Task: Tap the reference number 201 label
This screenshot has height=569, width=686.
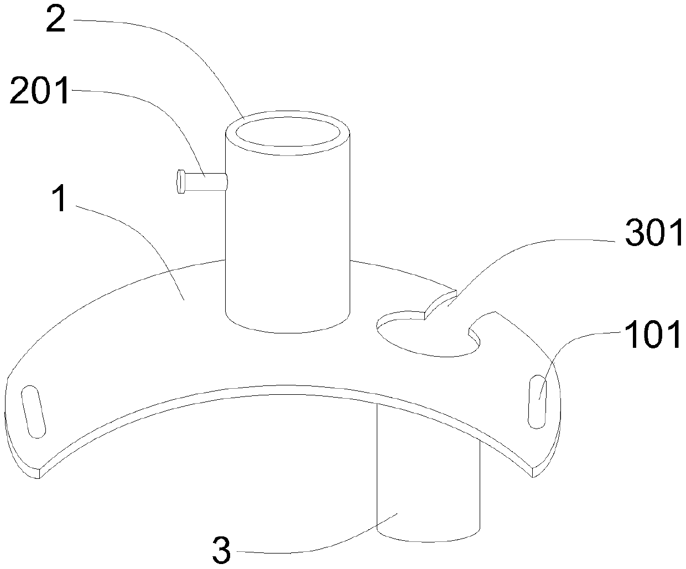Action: (40, 91)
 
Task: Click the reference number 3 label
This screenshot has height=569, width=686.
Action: (221, 549)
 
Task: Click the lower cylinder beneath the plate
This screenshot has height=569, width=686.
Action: (427, 487)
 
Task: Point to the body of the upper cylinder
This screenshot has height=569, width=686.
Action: (288, 232)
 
